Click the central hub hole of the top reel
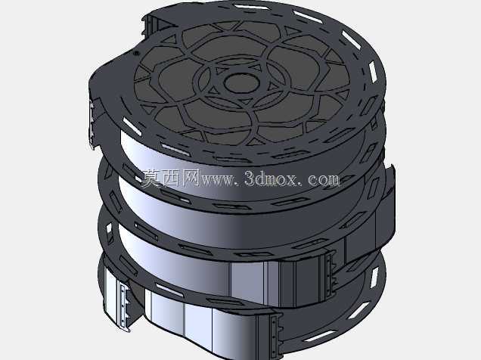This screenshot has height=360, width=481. pyautogui.click(x=241, y=82)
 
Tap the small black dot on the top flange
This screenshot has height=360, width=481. pyautogui.click(x=136, y=54)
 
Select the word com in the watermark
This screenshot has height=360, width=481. pyautogui.click(x=324, y=179)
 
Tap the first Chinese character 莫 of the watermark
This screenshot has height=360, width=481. pyautogui.click(x=151, y=178)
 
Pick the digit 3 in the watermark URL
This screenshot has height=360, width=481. pyautogui.click(x=250, y=178)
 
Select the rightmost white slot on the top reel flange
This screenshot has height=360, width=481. pyautogui.click(x=373, y=72)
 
